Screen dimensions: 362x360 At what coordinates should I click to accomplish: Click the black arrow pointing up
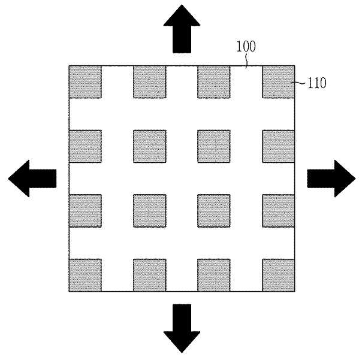click(x=182, y=29)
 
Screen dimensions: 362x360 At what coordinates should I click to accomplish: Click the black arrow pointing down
click(x=182, y=328)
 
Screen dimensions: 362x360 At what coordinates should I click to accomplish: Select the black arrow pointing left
click(x=32, y=179)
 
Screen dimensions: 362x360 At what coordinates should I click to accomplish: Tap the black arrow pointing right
click(x=331, y=179)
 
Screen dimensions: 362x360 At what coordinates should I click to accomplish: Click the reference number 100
click(x=246, y=46)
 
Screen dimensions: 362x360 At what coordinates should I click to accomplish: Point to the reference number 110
click(x=317, y=83)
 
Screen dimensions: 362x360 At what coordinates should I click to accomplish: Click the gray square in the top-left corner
click(x=85, y=82)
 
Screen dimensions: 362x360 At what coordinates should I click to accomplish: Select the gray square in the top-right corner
click(x=279, y=82)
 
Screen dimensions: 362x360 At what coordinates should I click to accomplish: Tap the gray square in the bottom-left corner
click(x=85, y=275)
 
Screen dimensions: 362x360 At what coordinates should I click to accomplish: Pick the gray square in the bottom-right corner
click(x=279, y=275)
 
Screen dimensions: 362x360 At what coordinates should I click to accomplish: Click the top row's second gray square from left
click(x=150, y=82)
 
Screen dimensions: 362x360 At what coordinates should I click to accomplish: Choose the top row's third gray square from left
click(x=214, y=82)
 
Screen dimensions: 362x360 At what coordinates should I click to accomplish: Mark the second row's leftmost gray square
click(x=85, y=146)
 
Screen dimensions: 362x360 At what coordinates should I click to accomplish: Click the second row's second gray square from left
click(x=150, y=146)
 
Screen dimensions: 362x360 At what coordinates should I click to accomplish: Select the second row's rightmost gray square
click(x=279, y=146)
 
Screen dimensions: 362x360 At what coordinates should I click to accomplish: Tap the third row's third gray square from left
click(x=214, y=211)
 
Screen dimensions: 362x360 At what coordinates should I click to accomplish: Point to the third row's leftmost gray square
click(x=85, y=211)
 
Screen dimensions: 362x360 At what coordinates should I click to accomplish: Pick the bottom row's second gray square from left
click(x=150, y=275)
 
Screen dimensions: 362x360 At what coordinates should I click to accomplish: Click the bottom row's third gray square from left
click(x=214, y=275)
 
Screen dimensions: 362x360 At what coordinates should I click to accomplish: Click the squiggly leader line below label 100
click(x=246, y=61)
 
